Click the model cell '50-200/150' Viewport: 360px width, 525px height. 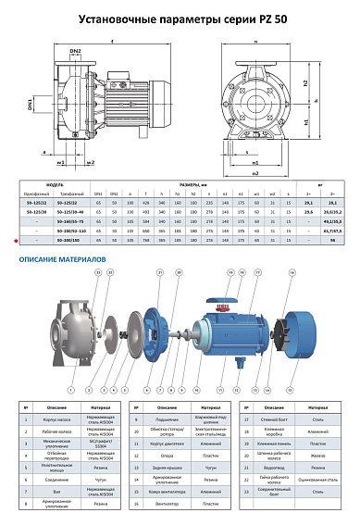click(x=76, y=238)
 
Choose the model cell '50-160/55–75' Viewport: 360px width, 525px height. click(x=76, y=220)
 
